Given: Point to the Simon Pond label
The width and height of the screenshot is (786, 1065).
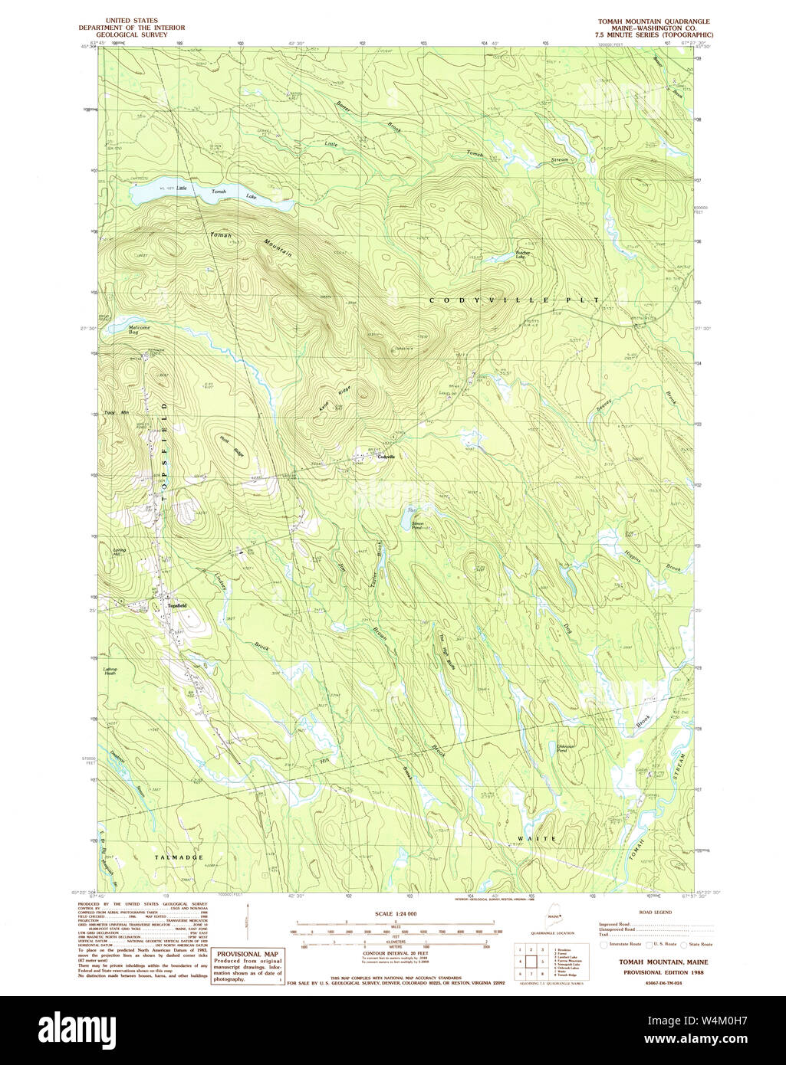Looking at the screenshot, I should pos(416,526).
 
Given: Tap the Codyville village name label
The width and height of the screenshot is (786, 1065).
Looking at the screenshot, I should pos(385,457).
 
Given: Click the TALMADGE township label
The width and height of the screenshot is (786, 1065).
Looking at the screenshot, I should pos(178,857).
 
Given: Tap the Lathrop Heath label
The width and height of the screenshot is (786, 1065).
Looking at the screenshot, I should pos(110,671).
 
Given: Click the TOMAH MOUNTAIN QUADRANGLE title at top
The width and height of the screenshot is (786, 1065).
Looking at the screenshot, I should pos(654,21).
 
